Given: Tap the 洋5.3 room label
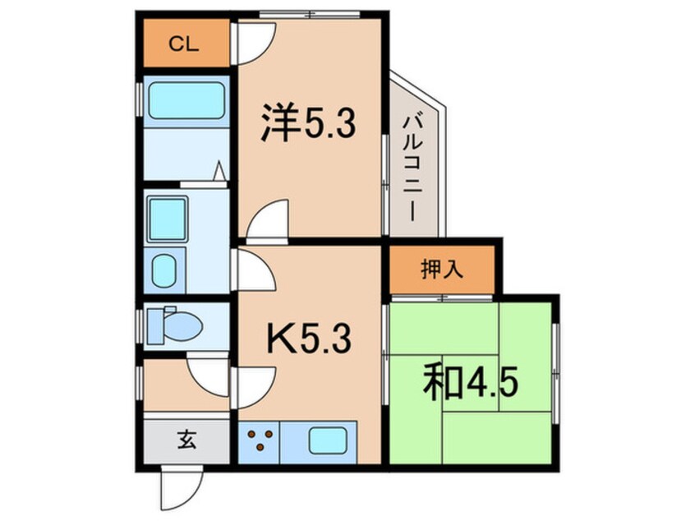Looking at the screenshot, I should point(308,125).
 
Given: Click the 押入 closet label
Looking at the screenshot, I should point(442,269).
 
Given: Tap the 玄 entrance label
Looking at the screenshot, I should point(186,442).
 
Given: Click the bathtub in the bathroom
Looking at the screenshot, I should point(185,101).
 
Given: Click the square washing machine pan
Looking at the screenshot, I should point(168,218).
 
